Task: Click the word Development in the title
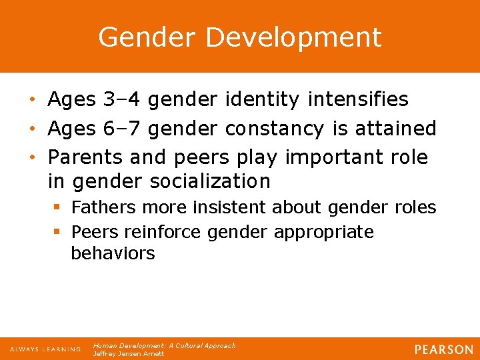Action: [x=293, y=37]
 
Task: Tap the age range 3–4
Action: [x=123, y=100]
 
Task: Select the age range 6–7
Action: [x=123, y=128]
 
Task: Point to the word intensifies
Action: [x=358, y=100]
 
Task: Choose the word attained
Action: [x=392, y=128]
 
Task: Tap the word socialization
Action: [x=211, y=181]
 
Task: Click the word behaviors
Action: [x=113, y=253]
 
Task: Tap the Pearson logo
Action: [x=443, y=349]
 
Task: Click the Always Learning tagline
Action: [x=45, y=349]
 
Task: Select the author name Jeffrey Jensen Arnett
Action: [x=128, y=354]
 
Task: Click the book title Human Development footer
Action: [x=164, y=345]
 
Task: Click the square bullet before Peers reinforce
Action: [x=58, y=233]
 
